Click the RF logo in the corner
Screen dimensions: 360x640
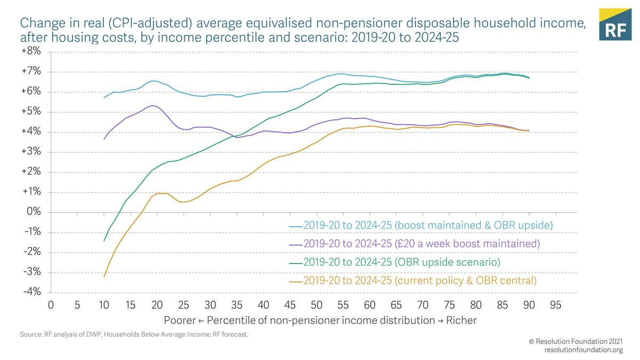615,25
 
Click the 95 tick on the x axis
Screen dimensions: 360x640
555,305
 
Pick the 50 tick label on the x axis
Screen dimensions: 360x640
316,305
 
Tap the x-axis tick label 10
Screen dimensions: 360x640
104,305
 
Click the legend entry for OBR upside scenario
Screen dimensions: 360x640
402,262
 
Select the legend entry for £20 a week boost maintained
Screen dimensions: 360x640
421,244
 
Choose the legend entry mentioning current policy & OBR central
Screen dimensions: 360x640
420,281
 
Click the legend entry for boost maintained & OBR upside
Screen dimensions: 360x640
428,226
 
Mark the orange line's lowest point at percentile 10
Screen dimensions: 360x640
104,276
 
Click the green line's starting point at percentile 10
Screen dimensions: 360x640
104,241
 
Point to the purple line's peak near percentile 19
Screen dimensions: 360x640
153,106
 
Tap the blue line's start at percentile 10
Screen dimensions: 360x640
104,98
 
